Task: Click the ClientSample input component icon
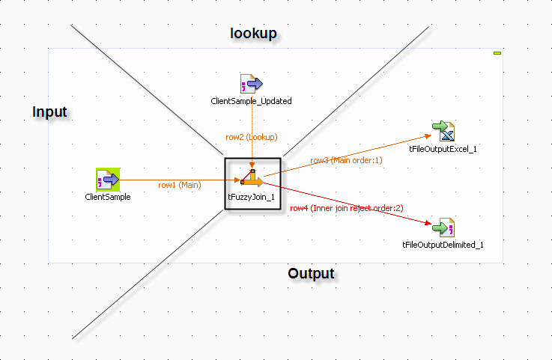108,180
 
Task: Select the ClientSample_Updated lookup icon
251,84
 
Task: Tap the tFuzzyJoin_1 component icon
252,179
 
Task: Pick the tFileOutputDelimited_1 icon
444,227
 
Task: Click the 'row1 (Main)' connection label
179,184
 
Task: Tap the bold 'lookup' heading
253,33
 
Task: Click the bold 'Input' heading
49,112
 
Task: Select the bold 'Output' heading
311,273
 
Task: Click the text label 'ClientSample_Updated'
252,101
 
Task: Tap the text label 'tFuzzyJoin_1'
252,196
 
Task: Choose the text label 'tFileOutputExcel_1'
443,149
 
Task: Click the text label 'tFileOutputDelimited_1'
443,245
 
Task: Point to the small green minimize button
497,53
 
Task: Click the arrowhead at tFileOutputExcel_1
429,135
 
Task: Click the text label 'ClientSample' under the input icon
108,197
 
